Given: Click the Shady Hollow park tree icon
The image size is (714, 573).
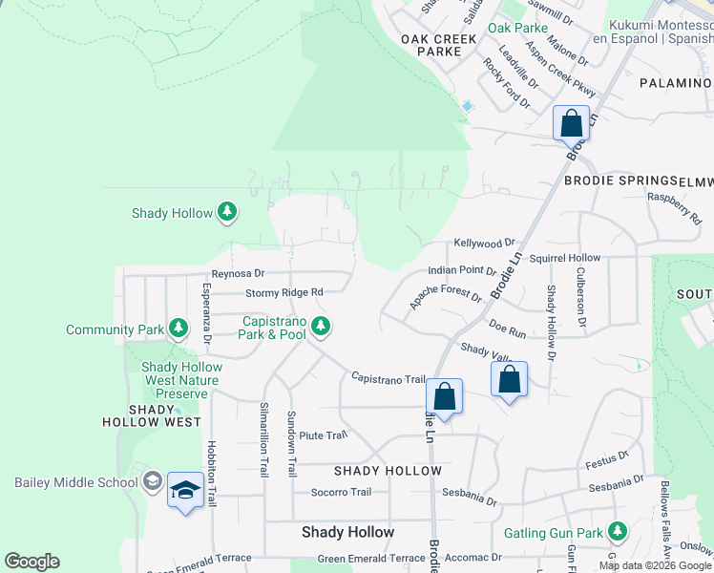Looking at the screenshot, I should (226, 212).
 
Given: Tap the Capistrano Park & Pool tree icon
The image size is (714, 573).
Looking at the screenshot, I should (322, 327).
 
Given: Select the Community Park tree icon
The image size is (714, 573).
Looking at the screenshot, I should (178, 329).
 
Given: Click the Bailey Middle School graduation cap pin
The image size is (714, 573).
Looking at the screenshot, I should (184, 492).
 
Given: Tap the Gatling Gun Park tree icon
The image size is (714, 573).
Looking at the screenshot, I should (618, 529).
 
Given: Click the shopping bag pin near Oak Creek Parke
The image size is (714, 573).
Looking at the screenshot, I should (571, 124).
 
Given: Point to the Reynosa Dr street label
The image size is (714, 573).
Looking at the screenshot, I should (238, 273).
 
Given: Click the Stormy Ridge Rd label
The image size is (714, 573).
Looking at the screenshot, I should (284, 292).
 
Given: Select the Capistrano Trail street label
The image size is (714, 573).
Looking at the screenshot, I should (388, 378).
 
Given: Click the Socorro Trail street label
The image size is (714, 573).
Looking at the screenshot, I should (341, 493).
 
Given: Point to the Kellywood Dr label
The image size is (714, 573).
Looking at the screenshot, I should (484, 244).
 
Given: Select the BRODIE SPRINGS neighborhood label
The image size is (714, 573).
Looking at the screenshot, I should (619, 180).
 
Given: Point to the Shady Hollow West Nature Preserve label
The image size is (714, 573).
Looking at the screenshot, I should (180, 380).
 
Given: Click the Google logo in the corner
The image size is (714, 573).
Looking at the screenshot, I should (31, 562).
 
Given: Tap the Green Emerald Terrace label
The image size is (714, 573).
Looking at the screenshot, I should (370, 559).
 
